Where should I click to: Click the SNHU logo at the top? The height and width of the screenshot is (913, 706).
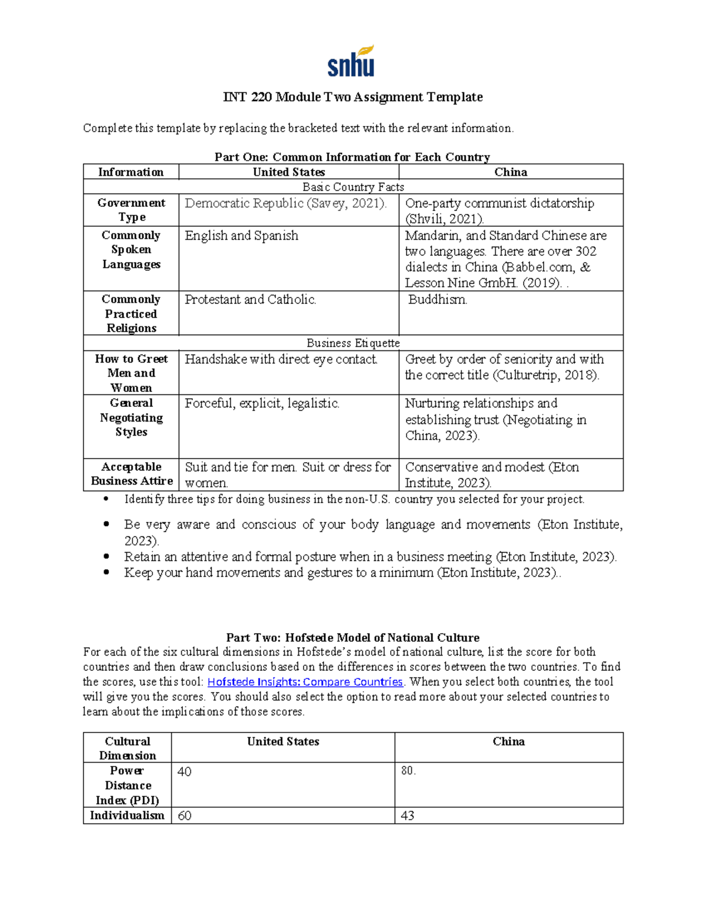pyautogui.click(x=351, y=62)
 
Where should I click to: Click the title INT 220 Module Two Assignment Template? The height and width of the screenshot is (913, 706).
pyautogui.click(x=352, y=97)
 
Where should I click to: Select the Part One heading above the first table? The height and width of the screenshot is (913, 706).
pyautogui.click(x=352, y=157)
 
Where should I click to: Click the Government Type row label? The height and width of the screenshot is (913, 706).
pyautogui.click(x=131, y=210)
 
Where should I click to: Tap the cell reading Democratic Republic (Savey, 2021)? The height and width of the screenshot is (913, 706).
pyautogui.click(x=286, y=203)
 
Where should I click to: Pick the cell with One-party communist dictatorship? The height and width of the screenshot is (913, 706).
pyautogui.click(x=499, y=210)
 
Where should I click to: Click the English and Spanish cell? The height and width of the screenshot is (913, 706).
pyautogui.click(x=242, y=236)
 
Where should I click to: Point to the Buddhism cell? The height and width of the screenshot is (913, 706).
pyautogui.click(x=437, y=300)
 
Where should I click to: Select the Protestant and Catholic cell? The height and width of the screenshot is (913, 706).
pyautogui.click(x=251, y=300)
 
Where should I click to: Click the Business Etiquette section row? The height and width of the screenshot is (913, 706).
pyautogui.click(x=353, y=343)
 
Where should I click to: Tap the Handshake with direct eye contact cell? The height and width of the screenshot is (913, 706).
pyautogui.click(x=281, y=359)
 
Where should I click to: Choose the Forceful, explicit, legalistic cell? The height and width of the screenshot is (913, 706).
pyautogui.click(x=262, y=403)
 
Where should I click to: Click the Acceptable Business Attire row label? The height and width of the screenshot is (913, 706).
pyautogui.click(x=131, y=474)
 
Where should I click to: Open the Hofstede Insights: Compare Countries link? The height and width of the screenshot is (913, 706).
pyautogui.click(x=305, y=682)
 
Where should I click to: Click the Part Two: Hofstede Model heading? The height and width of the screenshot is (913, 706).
pyautogui.click(x=352, y=638)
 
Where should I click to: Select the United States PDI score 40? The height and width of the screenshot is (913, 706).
pyautogui.click(x=185, y=771)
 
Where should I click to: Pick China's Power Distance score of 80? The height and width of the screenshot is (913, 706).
pyautogui.click(x=408, y=771)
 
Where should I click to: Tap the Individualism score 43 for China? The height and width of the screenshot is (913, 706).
pyautogui.click(x=407, y=815)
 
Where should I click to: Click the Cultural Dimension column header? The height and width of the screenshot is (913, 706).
pyautogui.click(x=127, y=748)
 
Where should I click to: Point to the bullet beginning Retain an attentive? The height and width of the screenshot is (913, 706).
pyautogui.click(x=369, y=557)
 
